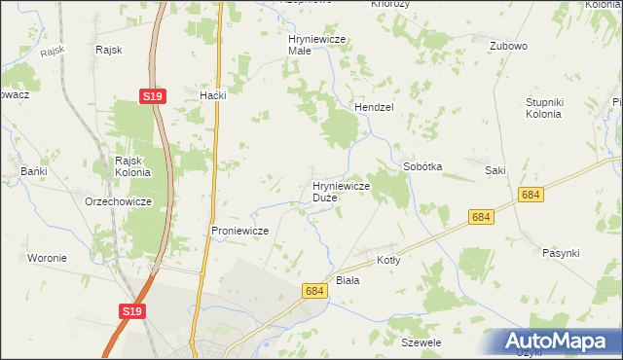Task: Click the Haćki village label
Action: tap(212, 95)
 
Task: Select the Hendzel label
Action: tap(373, 108)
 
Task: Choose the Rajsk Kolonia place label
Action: tap(132, 166)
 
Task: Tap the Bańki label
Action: tap(34, 171)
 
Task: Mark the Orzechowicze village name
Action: tap(117, 201)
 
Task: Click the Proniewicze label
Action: tap(239, 231)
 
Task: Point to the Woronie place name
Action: tap(47, 258)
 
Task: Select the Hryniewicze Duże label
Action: tap(340, 191)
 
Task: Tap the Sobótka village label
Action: tap(422, 166)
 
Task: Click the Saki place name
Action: tap(495, 170)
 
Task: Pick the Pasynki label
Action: tap(561, 252)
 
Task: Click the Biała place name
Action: tap(348, 280)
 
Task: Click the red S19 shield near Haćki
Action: tap(151, 96)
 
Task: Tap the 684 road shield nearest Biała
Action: tap(313, 291)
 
